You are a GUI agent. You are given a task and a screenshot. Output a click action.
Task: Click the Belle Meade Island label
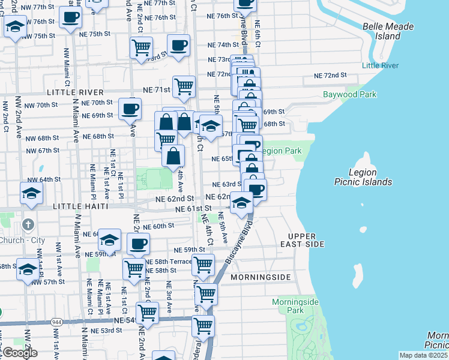tap(388, 31)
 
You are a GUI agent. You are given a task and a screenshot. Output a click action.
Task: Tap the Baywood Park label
tap(349, 95)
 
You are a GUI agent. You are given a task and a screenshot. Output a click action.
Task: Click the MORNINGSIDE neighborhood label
tap(260, 277)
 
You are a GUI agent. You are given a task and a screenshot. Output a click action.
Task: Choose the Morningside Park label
tap(295, 306)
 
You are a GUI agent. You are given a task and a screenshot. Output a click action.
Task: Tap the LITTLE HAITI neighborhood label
tap(80, 206)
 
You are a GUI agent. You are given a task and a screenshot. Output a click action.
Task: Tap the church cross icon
tap(27, 224)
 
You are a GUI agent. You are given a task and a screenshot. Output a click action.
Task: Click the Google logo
tap(19, 353)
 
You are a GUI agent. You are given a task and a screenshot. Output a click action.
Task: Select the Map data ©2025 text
tap(423, 355)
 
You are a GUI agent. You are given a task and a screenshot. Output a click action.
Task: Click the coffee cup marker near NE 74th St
tap(178, 45)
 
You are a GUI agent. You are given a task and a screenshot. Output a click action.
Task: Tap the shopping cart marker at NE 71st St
tap(184, 86)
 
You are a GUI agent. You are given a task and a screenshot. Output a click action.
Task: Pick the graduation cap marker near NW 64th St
tap(31, 193)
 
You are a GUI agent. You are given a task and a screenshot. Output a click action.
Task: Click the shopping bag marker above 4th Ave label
tap(173, 156)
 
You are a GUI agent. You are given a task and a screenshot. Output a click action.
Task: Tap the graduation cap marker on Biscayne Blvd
tap(241, 203)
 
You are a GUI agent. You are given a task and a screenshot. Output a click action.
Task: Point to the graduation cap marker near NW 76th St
tap(15, 27)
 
